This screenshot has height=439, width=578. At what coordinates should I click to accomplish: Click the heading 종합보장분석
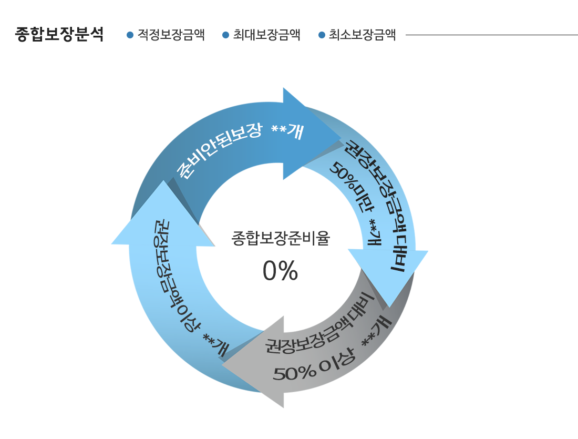(x=59, y=34)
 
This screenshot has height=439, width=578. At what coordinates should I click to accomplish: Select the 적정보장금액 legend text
(x=171, y=35)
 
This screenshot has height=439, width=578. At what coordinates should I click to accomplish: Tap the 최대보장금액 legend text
(x=266, y=35)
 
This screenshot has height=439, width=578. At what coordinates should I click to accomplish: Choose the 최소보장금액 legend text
(x=363, y=35)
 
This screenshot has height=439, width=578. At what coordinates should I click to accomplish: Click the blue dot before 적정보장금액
(x=130, y=35)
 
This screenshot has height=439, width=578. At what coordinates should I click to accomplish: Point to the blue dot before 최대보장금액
(x=226, y=35)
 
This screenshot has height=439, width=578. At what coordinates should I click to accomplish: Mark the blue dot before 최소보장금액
(x=322, y=35)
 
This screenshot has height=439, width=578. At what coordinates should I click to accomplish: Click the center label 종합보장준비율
(x=281, y=238)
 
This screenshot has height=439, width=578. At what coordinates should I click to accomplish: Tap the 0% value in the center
(x=280, y=271)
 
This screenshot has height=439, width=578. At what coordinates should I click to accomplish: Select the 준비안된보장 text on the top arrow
(x=219, y=149)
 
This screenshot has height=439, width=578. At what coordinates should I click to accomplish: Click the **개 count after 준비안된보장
(x=288, y=131)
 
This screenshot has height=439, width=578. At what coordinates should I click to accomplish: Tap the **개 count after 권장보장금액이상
(x=216, y=345)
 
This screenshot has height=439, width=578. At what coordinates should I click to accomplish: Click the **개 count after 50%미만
(x=375, y=232)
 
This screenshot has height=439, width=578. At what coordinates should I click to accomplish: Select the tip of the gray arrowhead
(x=222, y=365)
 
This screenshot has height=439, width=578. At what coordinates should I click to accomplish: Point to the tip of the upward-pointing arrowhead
(x=162, y=181)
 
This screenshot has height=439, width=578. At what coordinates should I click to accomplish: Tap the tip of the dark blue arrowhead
(x=340, y=139)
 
